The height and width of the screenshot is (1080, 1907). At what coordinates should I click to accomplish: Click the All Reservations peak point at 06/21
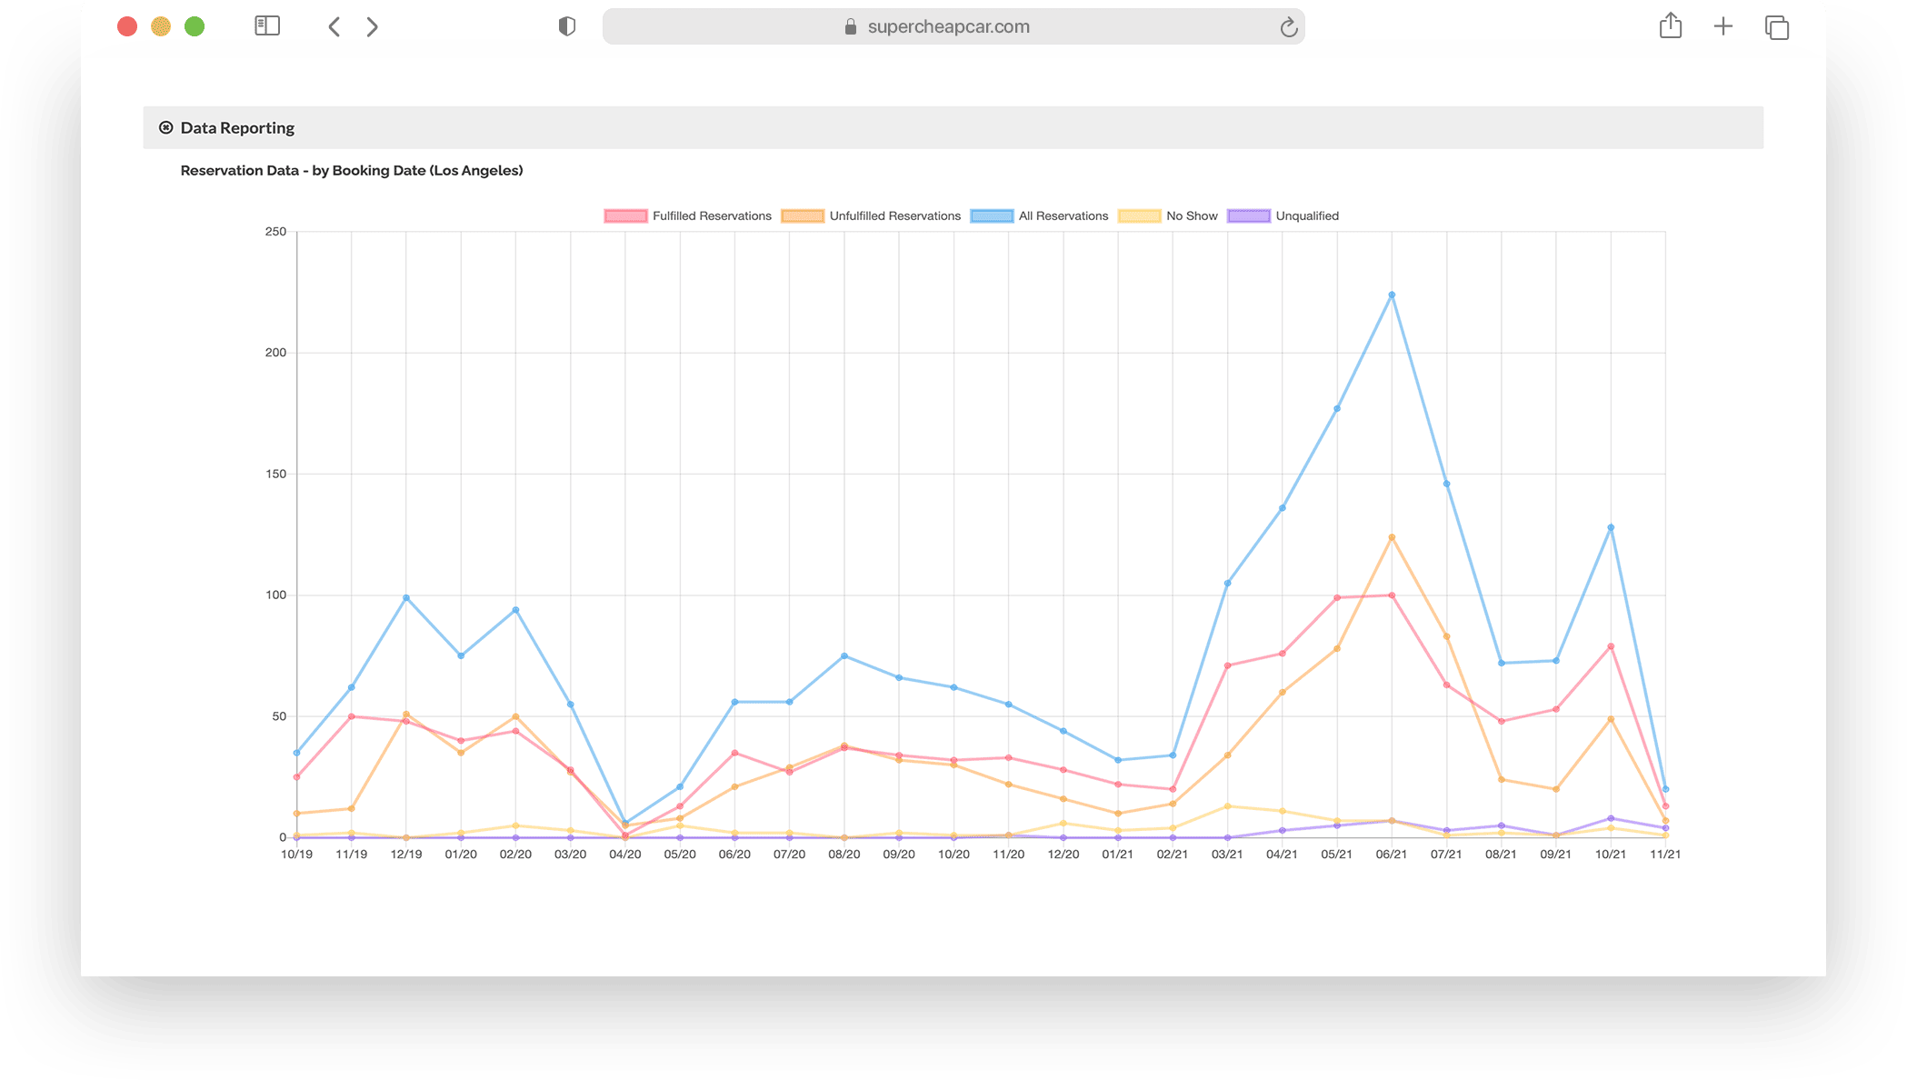1392,295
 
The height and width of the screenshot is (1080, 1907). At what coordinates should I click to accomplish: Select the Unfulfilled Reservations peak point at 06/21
1392,537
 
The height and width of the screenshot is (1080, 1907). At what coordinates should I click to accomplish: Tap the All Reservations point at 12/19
406,597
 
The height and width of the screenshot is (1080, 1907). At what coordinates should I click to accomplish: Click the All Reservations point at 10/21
1611,527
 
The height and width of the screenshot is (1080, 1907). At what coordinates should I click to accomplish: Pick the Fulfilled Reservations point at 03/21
1227,665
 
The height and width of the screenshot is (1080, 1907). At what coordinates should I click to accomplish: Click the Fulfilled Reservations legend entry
688,216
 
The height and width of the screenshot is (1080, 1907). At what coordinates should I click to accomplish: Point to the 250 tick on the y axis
275,232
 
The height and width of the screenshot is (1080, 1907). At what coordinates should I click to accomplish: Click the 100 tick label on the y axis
275,595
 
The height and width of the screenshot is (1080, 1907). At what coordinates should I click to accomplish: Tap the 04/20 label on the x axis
625,855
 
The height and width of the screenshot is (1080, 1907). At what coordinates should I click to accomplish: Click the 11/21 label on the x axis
1665,855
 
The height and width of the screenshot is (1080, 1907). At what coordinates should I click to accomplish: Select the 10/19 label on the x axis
296,855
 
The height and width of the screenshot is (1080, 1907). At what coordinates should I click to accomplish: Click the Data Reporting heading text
237,128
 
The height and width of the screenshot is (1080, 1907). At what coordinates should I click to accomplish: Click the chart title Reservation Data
351,171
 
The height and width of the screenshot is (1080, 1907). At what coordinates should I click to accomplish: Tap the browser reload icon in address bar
1288,27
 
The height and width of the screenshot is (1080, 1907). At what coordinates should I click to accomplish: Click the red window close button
127,27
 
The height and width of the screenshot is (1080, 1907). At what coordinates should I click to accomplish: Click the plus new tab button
1722,27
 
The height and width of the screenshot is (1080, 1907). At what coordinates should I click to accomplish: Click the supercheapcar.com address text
948,27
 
